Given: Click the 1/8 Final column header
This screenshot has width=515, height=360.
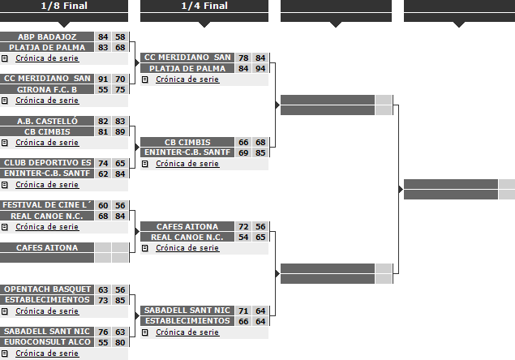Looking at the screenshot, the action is [64, 6].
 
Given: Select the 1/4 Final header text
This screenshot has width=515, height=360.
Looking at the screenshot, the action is [204, 6].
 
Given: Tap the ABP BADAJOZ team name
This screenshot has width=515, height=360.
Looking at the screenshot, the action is [47, 36].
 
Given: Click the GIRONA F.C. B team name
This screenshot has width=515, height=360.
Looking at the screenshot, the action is [47, 89].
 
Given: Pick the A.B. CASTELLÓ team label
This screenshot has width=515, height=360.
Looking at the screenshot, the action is [47, 121].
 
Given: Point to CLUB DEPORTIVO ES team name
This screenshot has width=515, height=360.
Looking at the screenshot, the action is [47, 163].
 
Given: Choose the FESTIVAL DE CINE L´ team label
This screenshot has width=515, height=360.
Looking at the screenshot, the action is [47, 205].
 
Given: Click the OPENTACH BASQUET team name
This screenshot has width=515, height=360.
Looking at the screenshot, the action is [47, 289].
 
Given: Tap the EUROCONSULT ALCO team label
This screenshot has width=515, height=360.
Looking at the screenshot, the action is [47, 342].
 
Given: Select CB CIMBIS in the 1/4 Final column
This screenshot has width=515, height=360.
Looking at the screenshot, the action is [187, 142].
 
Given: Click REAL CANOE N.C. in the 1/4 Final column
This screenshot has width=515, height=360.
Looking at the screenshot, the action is [187, 237].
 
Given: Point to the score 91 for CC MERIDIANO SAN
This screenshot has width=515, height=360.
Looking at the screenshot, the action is [103, 79].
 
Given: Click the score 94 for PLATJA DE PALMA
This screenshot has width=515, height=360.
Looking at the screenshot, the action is [260, 69].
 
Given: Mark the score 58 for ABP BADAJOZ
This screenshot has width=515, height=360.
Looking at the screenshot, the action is [120, 36].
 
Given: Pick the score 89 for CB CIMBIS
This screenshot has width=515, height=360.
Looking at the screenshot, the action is [120, 131].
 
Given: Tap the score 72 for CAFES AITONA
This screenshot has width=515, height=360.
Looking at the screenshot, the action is [243, 227].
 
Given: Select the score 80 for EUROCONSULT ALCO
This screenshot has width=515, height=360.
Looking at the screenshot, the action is [120, 343].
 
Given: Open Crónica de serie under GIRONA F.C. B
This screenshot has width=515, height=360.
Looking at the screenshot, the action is [47, 101].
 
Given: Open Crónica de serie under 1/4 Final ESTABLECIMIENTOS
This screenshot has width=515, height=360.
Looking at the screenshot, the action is [187, 332].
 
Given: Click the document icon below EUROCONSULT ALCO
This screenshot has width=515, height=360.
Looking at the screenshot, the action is [5, 354].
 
